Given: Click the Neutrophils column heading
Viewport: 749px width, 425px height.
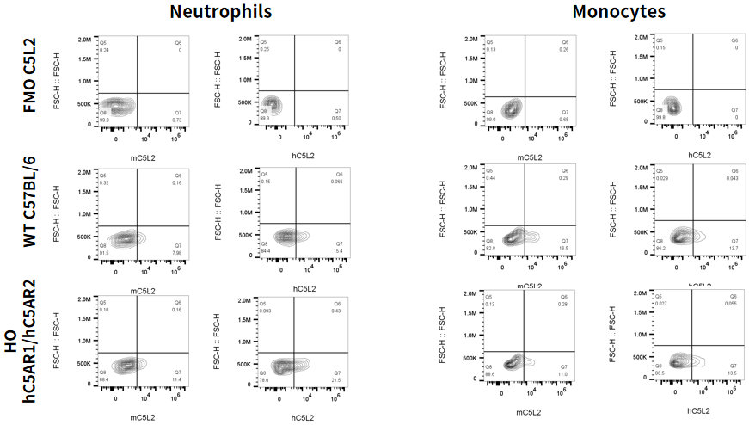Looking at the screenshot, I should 221,11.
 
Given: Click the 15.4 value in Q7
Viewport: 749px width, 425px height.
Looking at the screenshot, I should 337,249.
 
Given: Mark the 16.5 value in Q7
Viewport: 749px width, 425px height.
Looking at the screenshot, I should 564,248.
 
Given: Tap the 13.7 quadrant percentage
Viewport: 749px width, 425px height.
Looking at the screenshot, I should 733,248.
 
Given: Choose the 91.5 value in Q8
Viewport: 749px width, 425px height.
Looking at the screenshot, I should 104,252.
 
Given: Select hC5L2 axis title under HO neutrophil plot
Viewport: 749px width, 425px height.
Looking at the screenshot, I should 303,417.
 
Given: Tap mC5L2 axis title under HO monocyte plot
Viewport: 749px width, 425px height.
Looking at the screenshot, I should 527,412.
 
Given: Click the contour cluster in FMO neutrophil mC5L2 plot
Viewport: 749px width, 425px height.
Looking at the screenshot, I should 120,107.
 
